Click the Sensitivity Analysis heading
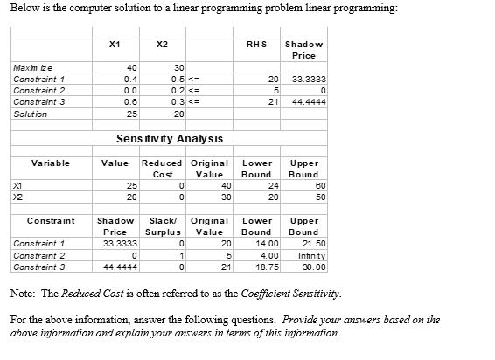(170, 139)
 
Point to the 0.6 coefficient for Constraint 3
(129, 101)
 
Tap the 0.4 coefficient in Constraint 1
(129, 79)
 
